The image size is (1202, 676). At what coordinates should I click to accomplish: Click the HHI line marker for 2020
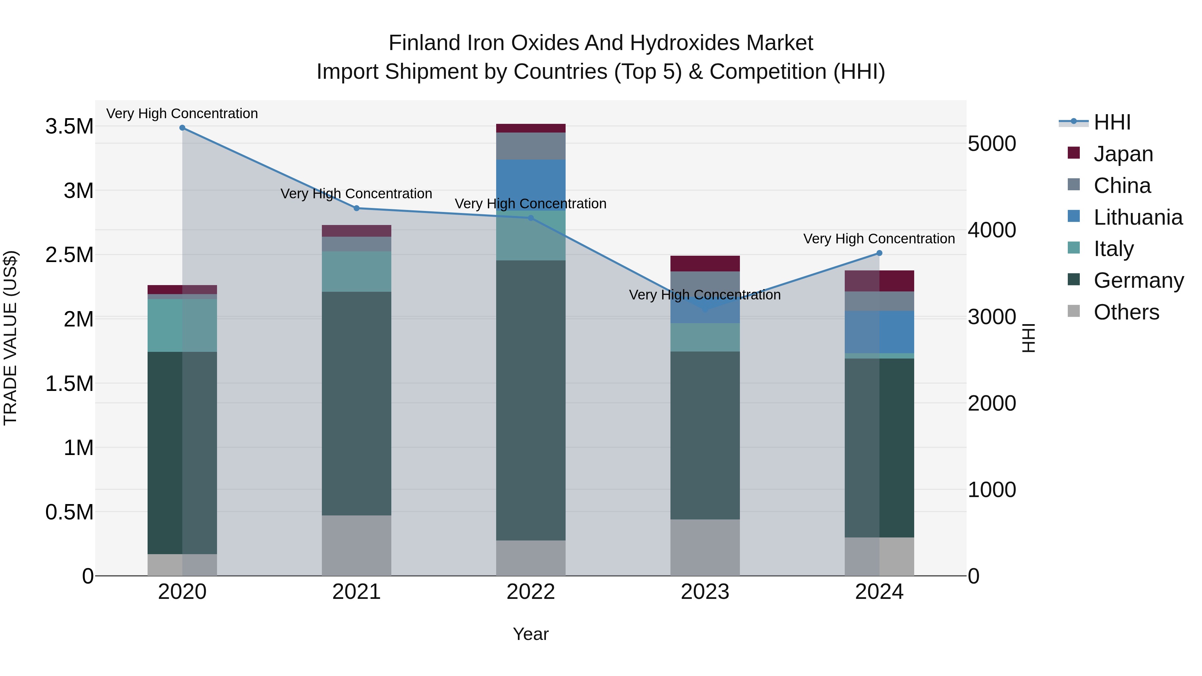click(182, 128)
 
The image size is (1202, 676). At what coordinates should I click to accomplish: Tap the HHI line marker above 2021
click(357, 208)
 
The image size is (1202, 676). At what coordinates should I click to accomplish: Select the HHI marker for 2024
click(879, 253)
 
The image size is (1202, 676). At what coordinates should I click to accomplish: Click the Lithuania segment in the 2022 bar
click(531, 185)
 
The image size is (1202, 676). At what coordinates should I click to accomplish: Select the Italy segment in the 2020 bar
click(182, 325)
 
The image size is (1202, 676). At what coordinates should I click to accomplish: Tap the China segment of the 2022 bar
click(531, 146)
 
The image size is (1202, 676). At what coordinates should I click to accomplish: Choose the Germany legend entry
click(1138, 280)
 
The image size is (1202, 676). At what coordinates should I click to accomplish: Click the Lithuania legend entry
click(1138, 217)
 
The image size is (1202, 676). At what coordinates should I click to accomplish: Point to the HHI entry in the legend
click(1112, 122)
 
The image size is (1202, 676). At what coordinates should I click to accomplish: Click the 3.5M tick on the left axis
click(69, 127)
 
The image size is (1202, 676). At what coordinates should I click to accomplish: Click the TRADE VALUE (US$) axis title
click(10, 338)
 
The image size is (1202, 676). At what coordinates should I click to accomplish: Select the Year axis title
click(531, 634)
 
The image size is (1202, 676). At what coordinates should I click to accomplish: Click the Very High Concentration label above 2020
click(182, 114)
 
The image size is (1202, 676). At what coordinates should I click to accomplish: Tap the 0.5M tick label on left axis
click(69, 512)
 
